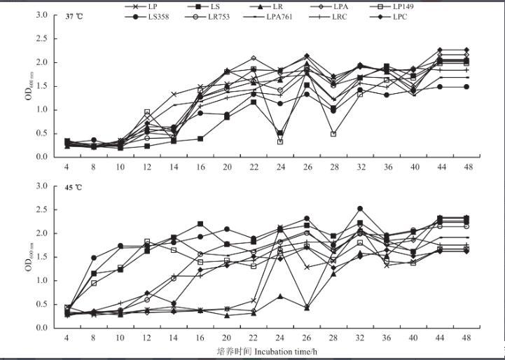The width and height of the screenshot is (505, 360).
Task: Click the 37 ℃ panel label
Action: pos(74,16)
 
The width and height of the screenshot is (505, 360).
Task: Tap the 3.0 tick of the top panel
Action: pos(41,15)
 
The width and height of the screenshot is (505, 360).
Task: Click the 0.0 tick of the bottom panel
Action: pos(41,328)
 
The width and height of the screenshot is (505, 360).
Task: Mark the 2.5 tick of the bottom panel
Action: pos(41,209)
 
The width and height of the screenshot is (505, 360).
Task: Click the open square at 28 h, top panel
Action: pos(334,134)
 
